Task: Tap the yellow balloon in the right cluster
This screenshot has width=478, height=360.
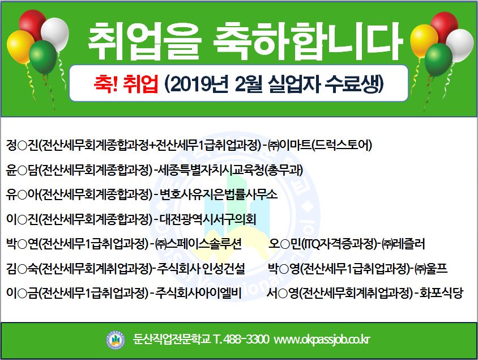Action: (423, 41)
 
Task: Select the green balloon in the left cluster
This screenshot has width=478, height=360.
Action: (43, 57)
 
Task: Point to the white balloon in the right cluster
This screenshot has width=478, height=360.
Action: (460, 45)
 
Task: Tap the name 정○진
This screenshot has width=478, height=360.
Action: (22, 145)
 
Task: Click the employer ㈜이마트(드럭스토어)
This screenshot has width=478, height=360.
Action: (320, 145)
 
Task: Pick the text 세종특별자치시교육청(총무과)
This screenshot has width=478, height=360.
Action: (231, 170)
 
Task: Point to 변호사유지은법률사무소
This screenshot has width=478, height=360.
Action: (219, 194)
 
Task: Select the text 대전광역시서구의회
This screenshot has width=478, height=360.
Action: (208, 219)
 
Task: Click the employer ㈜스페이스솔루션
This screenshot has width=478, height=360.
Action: (198, 244)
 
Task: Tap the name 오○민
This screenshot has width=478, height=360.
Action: (284, 244)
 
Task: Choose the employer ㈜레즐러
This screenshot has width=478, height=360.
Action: (403, 244)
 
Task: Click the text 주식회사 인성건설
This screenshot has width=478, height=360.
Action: (201, 269)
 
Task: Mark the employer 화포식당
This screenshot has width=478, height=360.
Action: (441, 293)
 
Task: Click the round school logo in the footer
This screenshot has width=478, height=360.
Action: (115, 340)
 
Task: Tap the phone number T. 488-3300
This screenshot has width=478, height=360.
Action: (241, 339)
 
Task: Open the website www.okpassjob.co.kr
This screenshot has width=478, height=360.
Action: (322, 340)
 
